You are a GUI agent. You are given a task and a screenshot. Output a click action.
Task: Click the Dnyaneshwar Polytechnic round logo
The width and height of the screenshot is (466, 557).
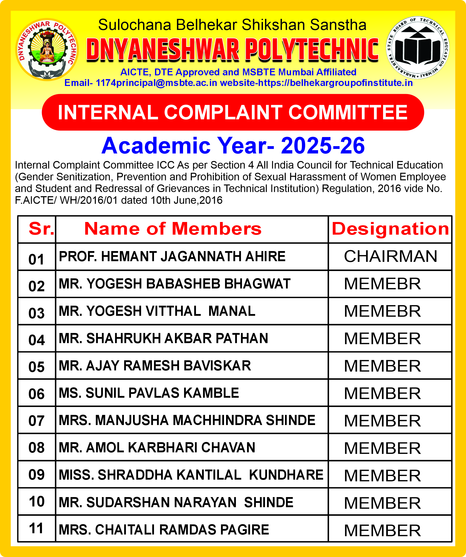[x=47, y=49]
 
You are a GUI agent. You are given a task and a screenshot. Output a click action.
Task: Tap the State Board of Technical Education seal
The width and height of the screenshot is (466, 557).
[x=417, y=48]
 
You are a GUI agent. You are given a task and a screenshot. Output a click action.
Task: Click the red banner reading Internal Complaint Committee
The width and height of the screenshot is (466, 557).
[x=233, y=112]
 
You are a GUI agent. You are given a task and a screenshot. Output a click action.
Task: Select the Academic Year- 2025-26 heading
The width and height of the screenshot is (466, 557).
[x=233, y=146]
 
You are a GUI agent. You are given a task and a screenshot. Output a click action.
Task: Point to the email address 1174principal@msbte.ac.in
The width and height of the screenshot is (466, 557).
[x=156, y=83]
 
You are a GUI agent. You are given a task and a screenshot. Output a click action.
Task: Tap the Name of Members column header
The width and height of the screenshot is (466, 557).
[x=173, y=229]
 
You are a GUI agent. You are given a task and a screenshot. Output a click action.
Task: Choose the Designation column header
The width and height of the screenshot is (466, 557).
[x=390, y=229]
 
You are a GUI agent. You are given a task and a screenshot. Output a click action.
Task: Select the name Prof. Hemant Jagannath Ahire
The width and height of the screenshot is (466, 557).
[x=172, y=256]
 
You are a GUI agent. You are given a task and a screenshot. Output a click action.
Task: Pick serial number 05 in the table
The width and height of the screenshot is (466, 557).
[x=37, y=367]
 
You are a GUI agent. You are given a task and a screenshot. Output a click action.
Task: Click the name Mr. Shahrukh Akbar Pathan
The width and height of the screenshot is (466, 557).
[x=163, y=338]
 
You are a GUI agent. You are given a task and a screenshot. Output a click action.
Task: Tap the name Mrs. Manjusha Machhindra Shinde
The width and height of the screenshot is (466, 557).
[x=187, y=420]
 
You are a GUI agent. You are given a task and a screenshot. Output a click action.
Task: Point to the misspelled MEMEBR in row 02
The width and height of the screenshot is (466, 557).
[x=382, y=284]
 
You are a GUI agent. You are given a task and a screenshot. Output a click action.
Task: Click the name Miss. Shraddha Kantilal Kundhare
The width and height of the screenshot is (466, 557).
[x=191, y=475]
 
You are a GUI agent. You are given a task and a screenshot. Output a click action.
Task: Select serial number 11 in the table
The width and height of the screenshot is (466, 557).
[x=37, y=528]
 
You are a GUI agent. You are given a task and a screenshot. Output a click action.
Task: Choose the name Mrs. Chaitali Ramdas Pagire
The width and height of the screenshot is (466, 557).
[x=164, y=530]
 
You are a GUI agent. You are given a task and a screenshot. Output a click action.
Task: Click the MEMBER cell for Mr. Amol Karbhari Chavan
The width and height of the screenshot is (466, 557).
[x=382, y=448]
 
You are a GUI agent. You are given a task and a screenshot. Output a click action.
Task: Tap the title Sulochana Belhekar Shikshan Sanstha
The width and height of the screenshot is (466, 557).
[x=232, y=25]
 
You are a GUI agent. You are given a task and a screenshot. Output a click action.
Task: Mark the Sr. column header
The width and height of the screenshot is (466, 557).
[x=41, y=229]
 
